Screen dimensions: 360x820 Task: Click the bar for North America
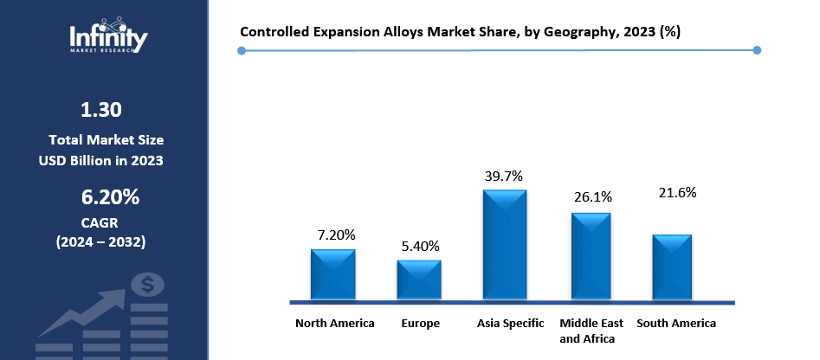[x=333, y=274]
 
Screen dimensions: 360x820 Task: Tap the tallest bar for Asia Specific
[x=505, y=244]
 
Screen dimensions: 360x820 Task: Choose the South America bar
[x=672, y=267]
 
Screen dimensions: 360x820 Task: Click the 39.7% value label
[x=503, y=177]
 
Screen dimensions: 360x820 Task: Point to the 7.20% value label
[x=334, y=235]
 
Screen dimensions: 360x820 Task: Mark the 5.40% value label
[x=420, y=247]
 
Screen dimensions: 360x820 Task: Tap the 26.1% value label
[x=592, y=198]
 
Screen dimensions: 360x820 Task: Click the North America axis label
[x=334, y=324]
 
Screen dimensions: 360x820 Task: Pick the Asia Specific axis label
[x=511, y=324]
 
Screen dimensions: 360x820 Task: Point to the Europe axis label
[x=421, y=324]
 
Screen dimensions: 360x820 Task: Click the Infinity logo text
[x=109, y=38]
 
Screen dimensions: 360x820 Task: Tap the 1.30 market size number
[x=101, y=110]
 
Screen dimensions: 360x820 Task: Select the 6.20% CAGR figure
[x=110, y=198]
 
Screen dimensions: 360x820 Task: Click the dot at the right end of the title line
[x=757, y=50]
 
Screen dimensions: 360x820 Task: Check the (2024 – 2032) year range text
[x=101, y=242]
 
